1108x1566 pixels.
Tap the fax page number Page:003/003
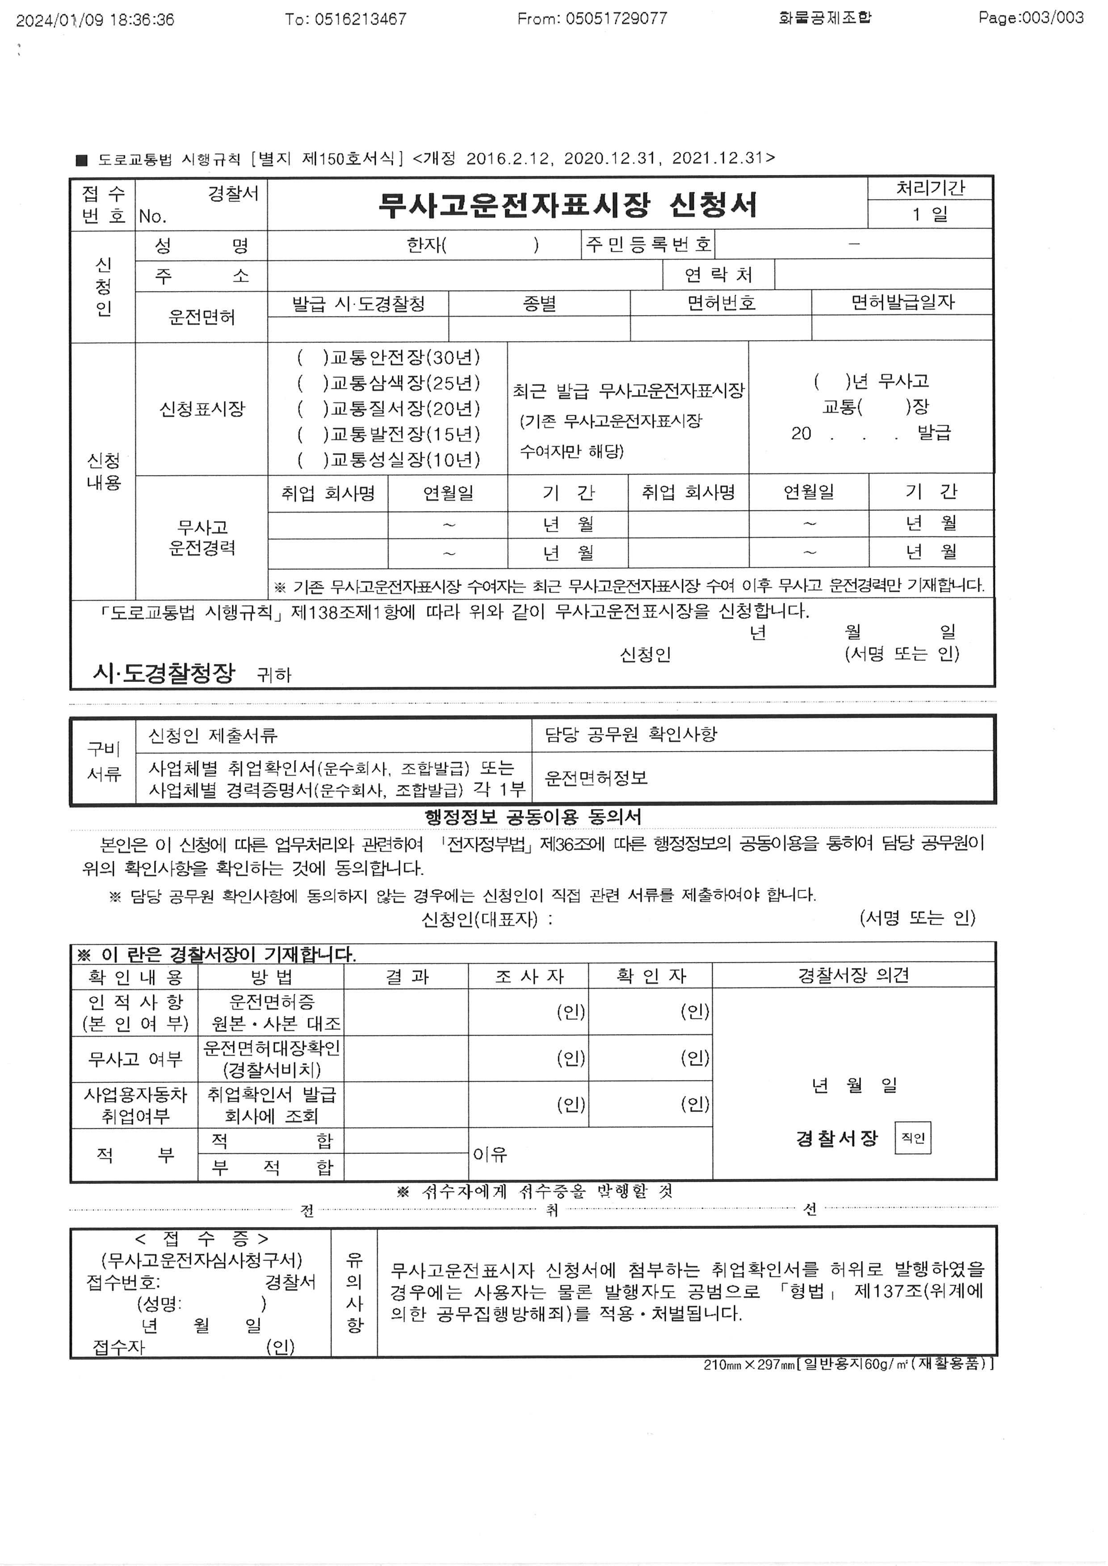click(1030, 18)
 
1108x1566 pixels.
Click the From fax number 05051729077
click(592, 18)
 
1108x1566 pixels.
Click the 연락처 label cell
click(718, 275)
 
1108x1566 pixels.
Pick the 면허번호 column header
click(721, 303)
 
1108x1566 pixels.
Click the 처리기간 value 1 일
click(929, 214)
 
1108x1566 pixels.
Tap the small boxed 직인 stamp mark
click(912, 1138)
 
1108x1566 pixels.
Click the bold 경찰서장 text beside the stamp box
click(836, 1138)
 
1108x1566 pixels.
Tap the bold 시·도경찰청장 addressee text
click(164, 673)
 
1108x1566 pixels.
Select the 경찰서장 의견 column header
click(853, 975)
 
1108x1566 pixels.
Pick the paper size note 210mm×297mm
click(749, 1364)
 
